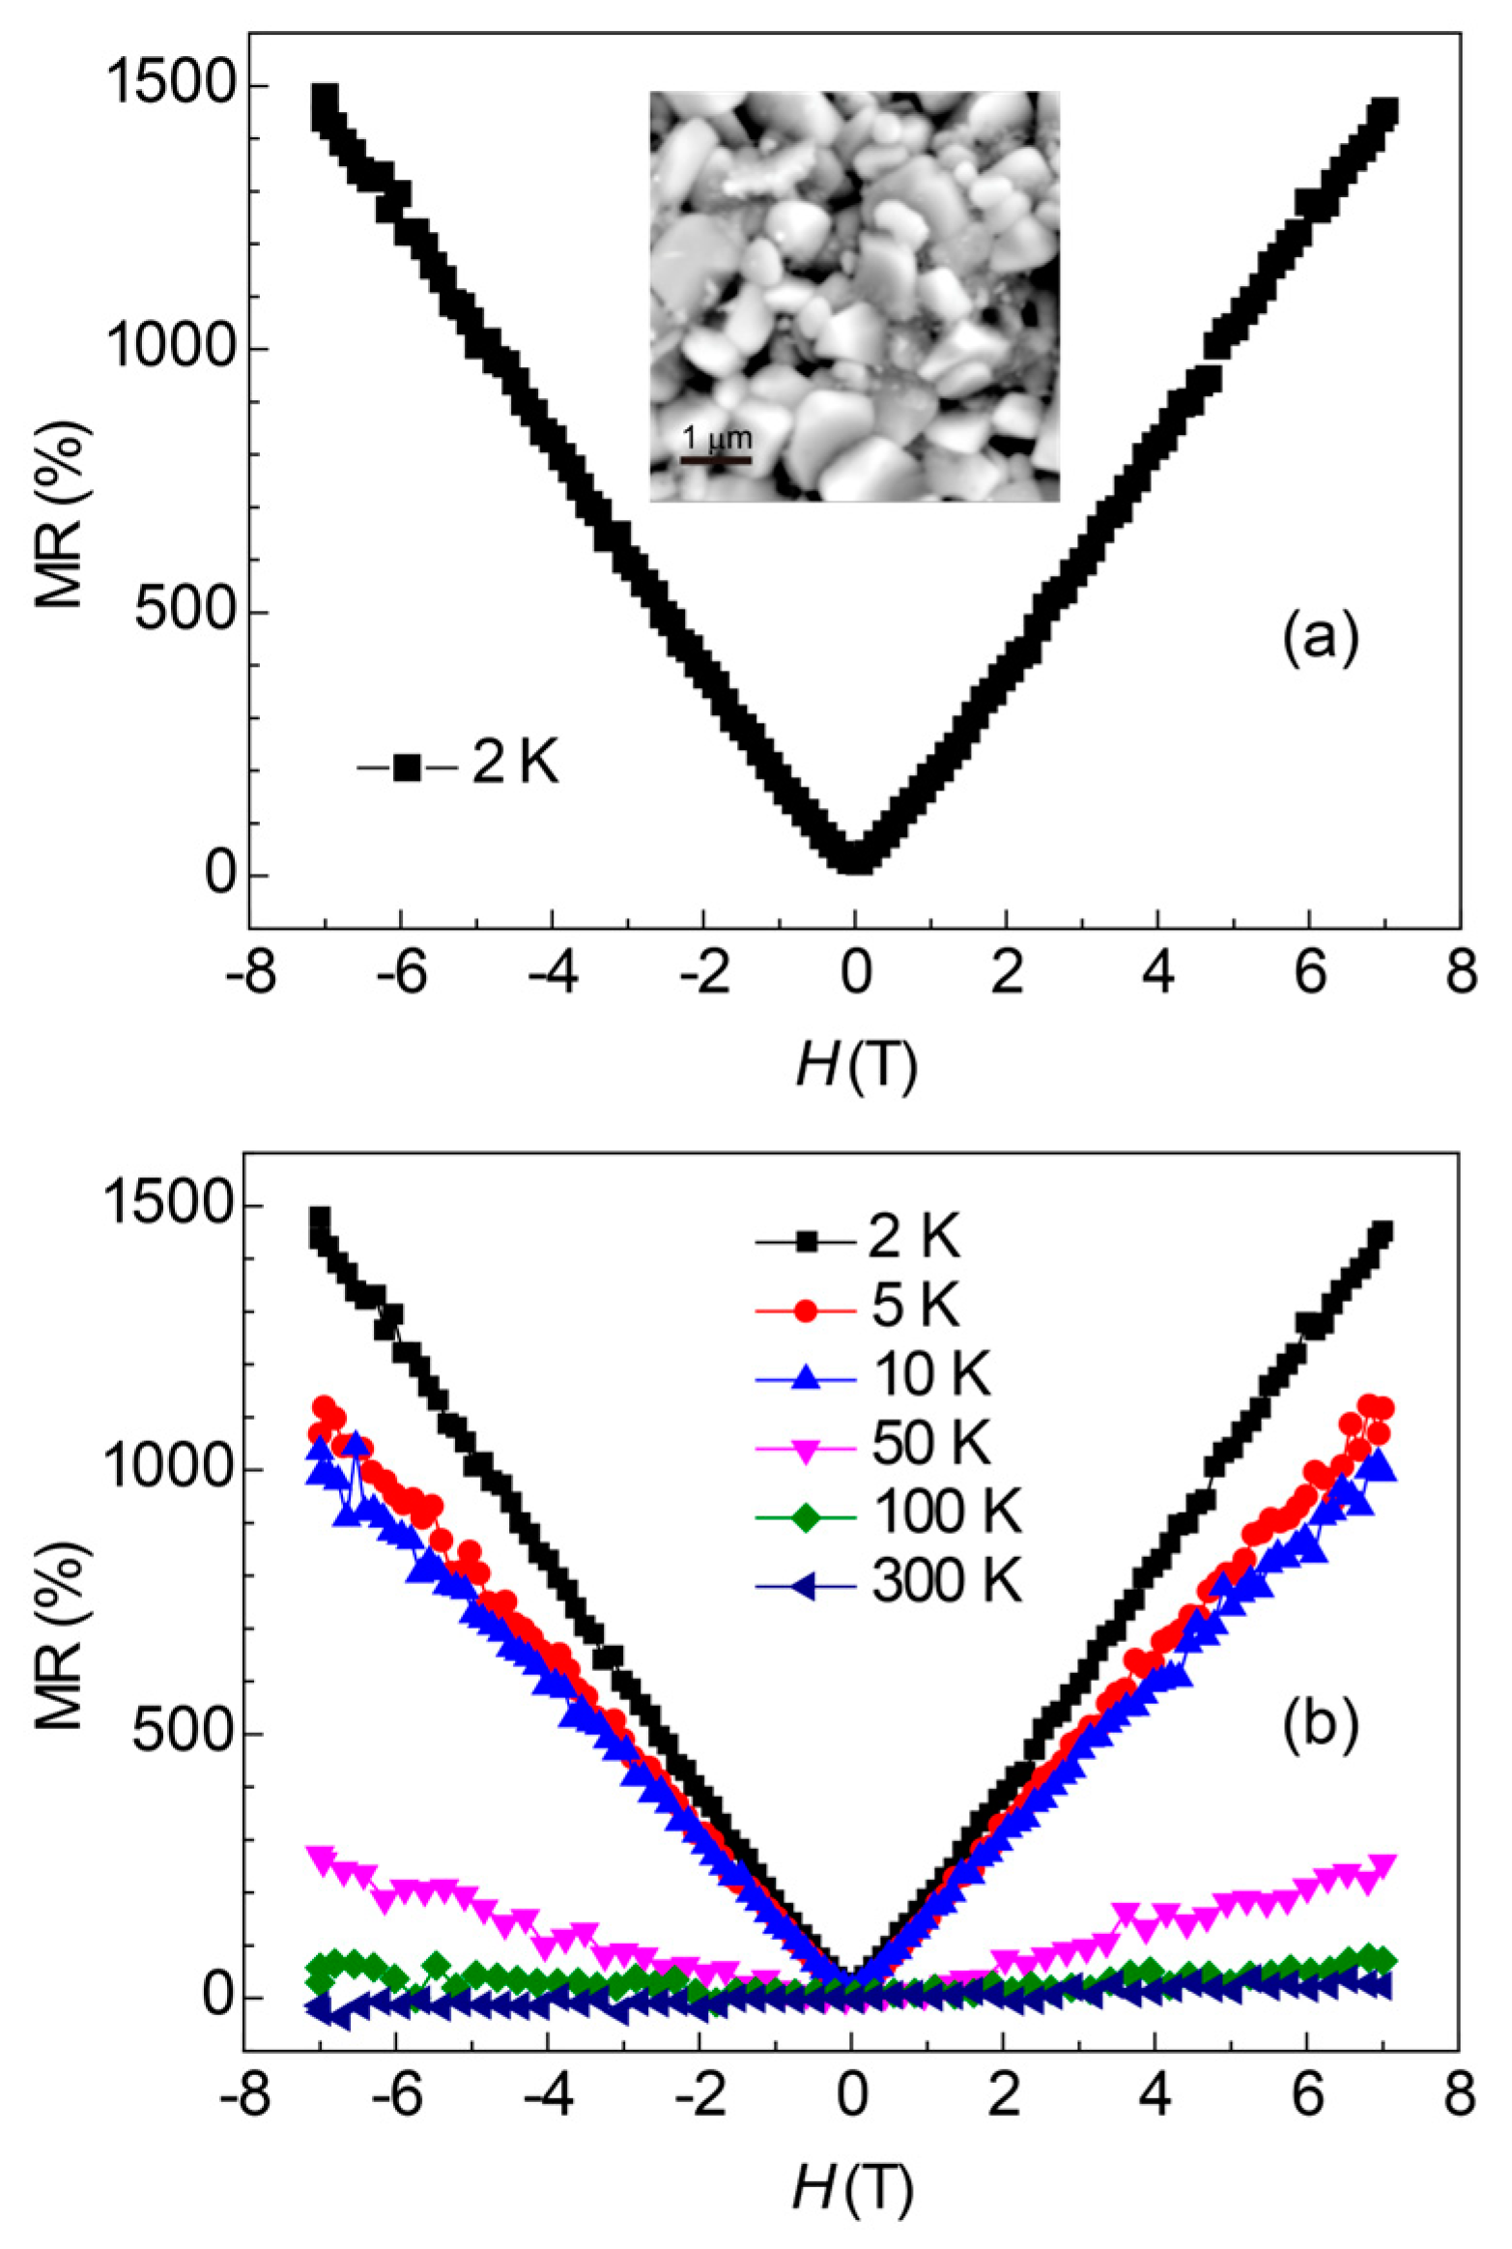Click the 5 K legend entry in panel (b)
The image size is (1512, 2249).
(x=860, y=1305)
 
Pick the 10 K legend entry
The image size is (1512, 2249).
(x=874, y=1373)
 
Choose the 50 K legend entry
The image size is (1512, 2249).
(x=874, y=1442)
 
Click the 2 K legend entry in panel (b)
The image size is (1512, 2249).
(x=860, y=1237)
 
